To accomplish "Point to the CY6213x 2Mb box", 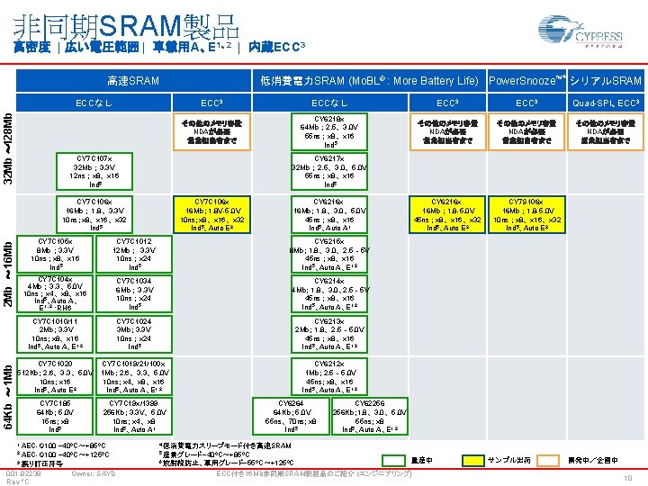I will (328, 333).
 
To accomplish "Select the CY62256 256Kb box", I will (370, 414).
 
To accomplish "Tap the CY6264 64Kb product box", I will (291, 414).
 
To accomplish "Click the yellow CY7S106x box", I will (524, 214).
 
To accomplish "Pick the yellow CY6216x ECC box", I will (447, 214).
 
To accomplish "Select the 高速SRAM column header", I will (132, 81).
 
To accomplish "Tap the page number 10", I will (629, 478).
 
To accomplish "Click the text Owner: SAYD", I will (94, 473).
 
